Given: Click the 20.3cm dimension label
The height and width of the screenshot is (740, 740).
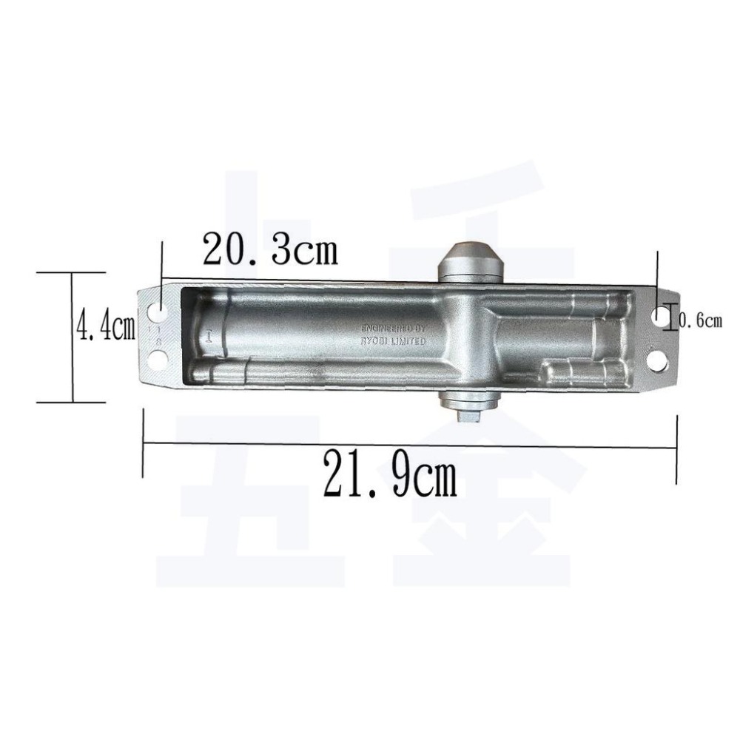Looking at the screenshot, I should point(270,250).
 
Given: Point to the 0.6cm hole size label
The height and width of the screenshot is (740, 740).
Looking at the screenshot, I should point(699,320).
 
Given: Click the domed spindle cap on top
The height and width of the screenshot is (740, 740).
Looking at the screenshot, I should point(472,258).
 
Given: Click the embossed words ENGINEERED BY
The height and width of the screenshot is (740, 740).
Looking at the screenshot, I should point(393,327).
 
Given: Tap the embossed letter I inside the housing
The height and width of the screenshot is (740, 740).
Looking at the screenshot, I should point(211,336).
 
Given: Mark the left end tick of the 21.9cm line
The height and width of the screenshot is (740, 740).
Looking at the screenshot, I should point(143,445).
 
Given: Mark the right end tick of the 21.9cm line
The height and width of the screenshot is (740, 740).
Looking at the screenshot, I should point(677,448).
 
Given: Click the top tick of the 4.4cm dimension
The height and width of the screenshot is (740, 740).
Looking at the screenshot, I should point(73,272).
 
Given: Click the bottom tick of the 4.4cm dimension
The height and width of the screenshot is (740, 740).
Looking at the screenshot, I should point(73,402).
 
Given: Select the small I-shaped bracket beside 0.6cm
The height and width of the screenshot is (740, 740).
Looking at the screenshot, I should point(671,318).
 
